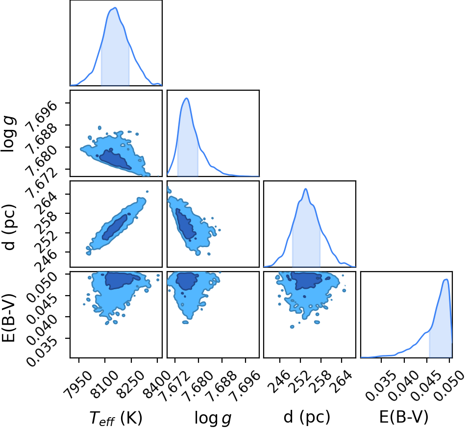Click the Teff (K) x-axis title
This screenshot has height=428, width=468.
tap(116, 417)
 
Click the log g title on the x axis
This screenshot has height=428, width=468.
tap(213, 418)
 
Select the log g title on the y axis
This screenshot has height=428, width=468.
tap(9, 134)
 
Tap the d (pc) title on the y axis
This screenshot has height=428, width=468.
tap(9, 227)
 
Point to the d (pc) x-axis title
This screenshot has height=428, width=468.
tap(307, 417)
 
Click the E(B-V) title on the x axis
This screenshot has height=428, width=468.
tap(404, 417)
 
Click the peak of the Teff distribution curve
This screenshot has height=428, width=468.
tap(115, 8)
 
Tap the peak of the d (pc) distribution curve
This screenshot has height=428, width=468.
tap(305, 189)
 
